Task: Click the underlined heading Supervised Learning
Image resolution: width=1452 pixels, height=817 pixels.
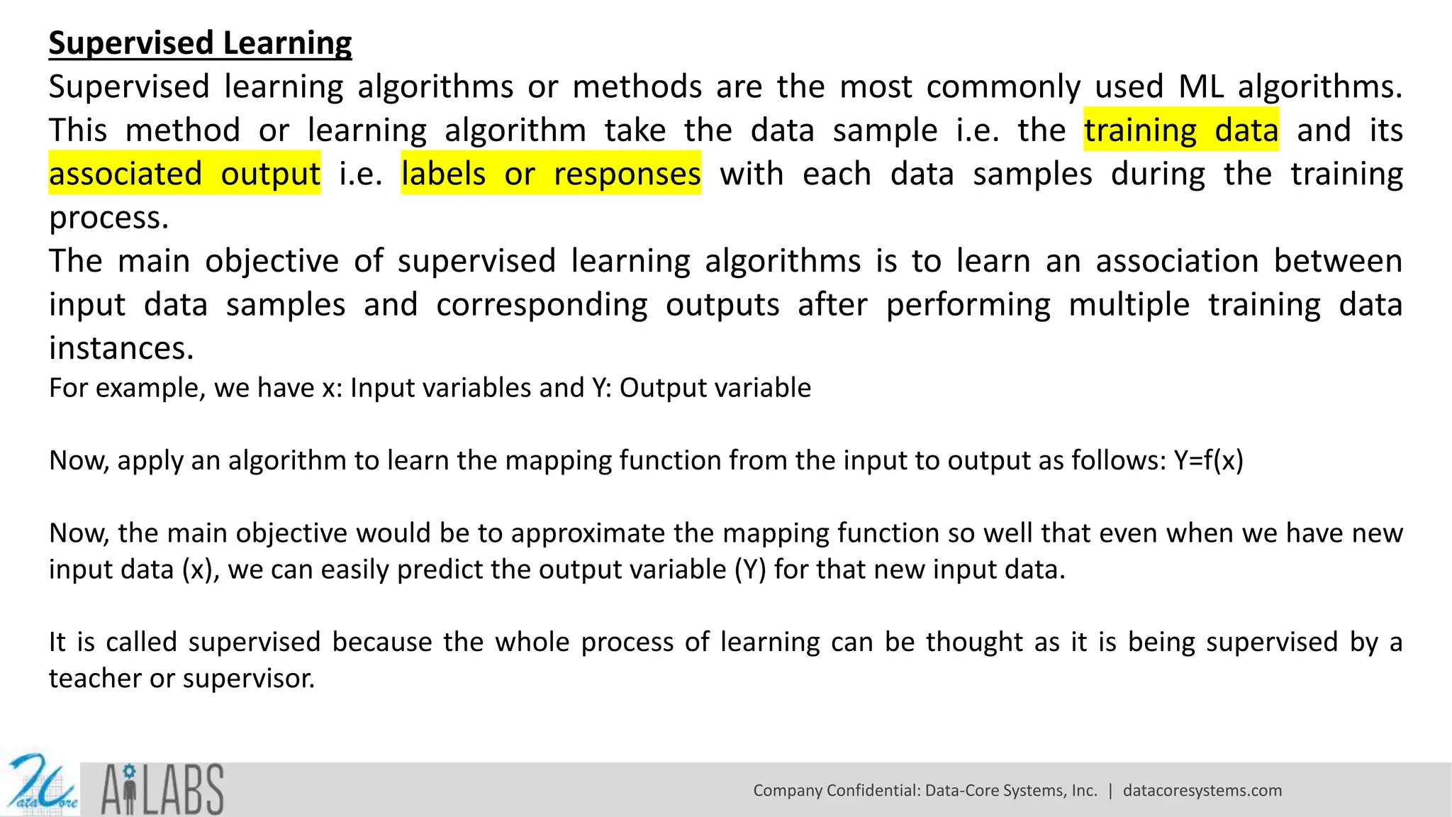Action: (200, 43)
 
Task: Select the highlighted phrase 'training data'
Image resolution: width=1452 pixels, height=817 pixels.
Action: (1180, 130)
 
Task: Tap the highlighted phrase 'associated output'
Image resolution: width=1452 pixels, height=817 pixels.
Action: (184, 174)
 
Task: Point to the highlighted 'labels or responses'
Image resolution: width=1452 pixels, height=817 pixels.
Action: (551, 174)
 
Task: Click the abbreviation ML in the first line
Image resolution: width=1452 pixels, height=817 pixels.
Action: (1201, 87)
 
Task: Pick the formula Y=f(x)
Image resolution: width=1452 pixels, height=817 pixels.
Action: (1208, 460)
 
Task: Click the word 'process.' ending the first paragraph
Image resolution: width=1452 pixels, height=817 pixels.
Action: (108, 218)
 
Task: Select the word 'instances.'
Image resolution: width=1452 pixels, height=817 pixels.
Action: (121, 348)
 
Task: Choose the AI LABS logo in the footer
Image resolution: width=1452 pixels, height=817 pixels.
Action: (162, 789)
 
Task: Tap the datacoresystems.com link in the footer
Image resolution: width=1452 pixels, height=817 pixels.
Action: (1202, 791)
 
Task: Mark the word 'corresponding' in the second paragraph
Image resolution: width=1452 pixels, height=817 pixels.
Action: (542, 305)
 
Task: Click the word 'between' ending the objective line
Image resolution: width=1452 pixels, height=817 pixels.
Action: (1338, 261)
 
